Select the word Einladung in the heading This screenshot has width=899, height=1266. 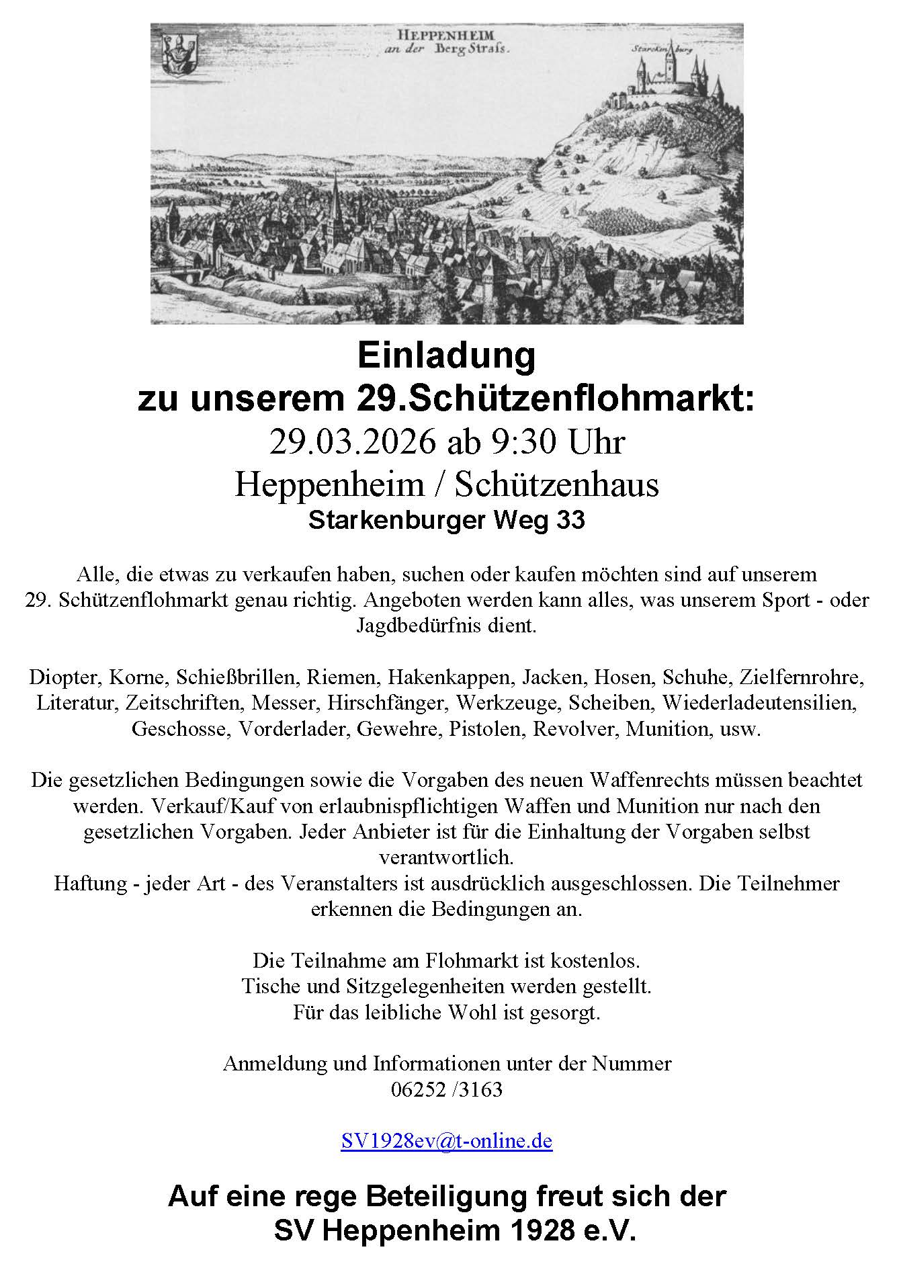pyautogui.click(x=447, y=356)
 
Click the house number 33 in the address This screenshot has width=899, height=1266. pyautogui.click(x=570, y=521)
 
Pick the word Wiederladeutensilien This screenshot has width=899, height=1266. pyautogui.click(x=760, y=703)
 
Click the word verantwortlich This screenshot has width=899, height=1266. pyautogui.click(x=446, y=858)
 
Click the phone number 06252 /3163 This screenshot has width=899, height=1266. pyautogui.click(x=447, y=1089)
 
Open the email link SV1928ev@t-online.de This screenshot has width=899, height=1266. pyautogui.click(x=447, y=1141)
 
